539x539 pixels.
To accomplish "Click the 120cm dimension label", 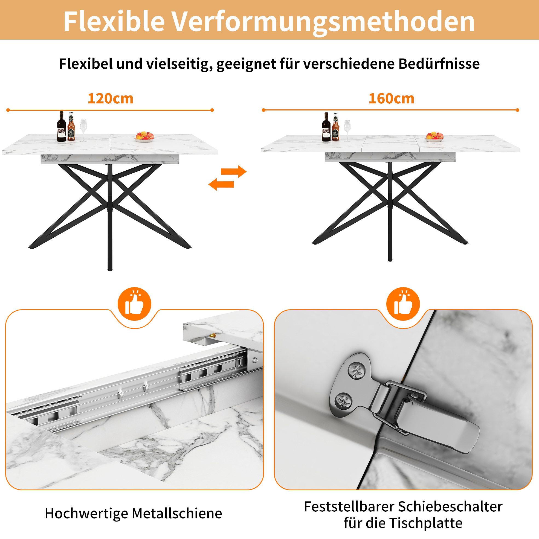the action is [111, 98].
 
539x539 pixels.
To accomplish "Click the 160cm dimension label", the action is [391, 98].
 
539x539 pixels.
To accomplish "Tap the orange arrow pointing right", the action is [234, 171].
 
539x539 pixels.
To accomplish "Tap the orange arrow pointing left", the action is [221, 184].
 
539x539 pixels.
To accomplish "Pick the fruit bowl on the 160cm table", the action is [434, 137].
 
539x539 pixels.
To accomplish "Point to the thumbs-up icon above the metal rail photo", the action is [134, 304].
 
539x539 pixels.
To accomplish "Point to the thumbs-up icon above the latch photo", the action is [403, 304].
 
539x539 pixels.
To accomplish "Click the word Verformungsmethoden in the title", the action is [323, 22].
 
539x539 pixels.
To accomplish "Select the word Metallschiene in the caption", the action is [177, 513].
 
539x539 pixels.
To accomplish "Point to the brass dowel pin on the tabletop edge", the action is [213, 335].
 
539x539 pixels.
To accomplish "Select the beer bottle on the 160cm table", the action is [335, 127].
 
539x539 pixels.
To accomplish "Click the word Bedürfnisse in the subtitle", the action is [439, 64].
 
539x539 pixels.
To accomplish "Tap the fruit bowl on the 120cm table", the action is [144, 137].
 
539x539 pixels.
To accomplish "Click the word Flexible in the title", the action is [114, 22].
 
